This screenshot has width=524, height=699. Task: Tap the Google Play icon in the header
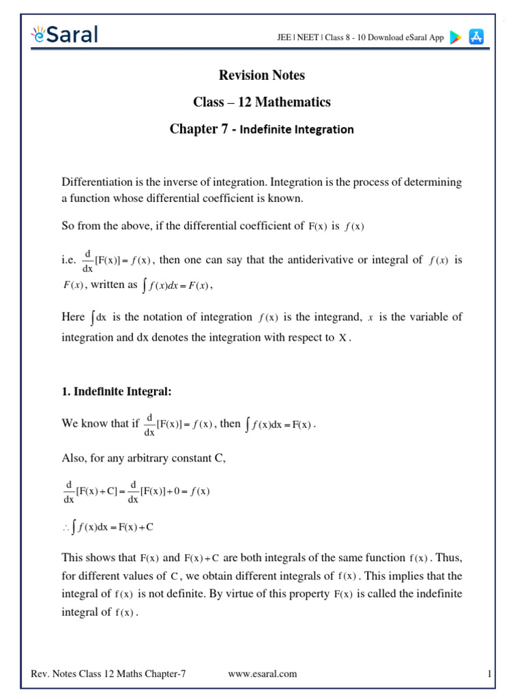455,38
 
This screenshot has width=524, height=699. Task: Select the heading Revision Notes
261,75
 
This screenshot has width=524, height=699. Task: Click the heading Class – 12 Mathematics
262,102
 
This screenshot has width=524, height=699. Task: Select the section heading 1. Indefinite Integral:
117,392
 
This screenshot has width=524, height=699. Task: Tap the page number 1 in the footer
489,674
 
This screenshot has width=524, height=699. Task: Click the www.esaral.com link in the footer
263,674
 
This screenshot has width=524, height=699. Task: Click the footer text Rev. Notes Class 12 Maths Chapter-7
108,674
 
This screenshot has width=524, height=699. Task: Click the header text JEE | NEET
293,38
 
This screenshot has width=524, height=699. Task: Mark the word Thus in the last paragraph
448,557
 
